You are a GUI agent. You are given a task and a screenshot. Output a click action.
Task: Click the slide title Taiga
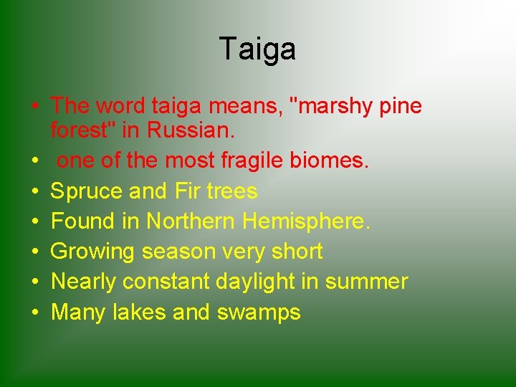[257, 49]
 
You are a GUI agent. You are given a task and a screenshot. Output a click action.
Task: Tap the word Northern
[191, 221]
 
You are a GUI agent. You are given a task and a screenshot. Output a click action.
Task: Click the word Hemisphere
[307, 221]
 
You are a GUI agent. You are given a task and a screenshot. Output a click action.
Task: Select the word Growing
[93, 252]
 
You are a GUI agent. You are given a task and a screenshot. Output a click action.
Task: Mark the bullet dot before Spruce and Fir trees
[34, 192]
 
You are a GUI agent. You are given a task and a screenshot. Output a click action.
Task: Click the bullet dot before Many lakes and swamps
[34, 313]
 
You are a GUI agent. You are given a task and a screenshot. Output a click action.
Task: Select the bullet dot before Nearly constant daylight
[34, 282]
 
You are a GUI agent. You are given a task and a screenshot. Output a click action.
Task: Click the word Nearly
[84, 282]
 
